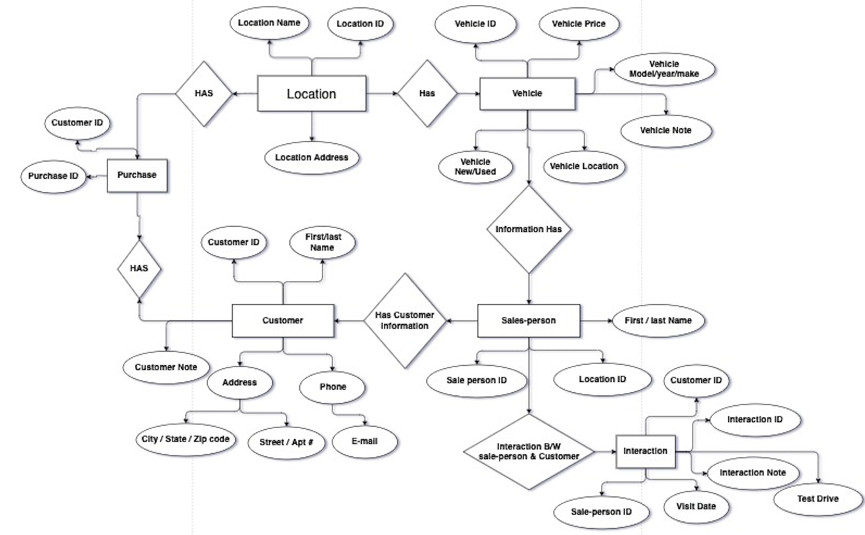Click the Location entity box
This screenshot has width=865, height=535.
tap(312, 95)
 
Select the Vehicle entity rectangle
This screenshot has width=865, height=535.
tap(527, 93)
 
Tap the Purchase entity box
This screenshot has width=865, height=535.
tap(137, 174)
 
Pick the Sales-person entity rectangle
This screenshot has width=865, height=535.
tap(528, 320)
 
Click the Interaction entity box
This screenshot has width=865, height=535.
tap(645, 451)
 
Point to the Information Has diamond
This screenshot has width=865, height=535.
tap(528, 229)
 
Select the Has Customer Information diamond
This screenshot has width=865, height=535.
tap(404, 320)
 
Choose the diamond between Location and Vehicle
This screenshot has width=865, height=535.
tap(427, 93)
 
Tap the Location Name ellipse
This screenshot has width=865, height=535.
tap(269, 22)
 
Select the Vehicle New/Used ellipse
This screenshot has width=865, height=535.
tap(475, 166)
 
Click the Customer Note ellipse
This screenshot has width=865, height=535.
tap(166, 367)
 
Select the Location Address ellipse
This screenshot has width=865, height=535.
tap(311, 157)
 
